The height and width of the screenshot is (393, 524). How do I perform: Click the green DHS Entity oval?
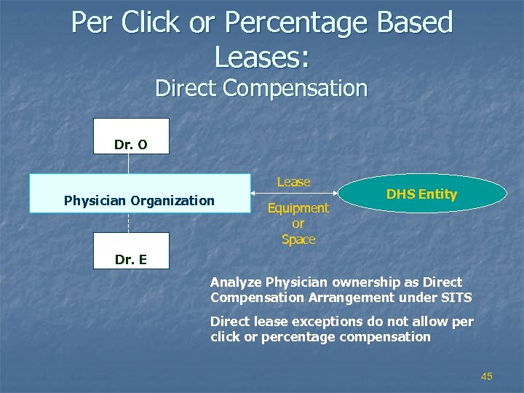pos(422,194)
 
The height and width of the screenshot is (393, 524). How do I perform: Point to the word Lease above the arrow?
pos(293,182)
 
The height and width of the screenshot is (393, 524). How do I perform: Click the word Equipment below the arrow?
pos(298,208)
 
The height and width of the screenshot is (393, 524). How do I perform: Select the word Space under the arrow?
pos(298,239)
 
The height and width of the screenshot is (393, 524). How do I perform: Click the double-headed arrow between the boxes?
pos(295,194)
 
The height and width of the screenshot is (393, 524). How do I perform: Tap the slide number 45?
pos(487,376)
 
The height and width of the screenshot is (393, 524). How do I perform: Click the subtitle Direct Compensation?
pos(261,89)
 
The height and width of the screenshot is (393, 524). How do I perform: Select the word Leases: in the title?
pos(261,56)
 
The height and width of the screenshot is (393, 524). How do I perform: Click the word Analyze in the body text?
pos(236,282)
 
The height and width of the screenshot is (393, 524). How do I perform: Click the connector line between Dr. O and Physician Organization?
pos(128,164)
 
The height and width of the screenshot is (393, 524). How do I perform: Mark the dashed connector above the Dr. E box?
pos(128,223)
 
